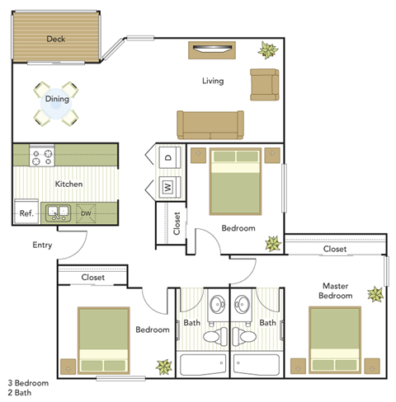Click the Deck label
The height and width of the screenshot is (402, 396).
[x=56, y=39]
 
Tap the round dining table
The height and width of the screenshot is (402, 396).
[x=56, y=101]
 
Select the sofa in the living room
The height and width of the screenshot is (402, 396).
[x=210, y=123]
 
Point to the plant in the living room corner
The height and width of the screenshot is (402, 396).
[x=267, y=51]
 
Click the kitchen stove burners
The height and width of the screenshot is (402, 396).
[x=42, y=154]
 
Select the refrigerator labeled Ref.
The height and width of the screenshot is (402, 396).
[x=26, y=213]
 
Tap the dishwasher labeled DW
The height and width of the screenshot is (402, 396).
[x=86, y=213]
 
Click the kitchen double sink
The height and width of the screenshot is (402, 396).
[x=57, y=213]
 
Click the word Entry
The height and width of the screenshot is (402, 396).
[x=43, y=245]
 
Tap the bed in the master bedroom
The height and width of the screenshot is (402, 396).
[x=334, y=339]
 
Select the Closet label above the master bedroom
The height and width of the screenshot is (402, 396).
[x=334, y=248]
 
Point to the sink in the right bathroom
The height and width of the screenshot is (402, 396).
[x=242, y=303]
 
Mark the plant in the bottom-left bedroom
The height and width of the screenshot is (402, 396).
[x=163, y=366]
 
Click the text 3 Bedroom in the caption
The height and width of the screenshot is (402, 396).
[x=28, y=383]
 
